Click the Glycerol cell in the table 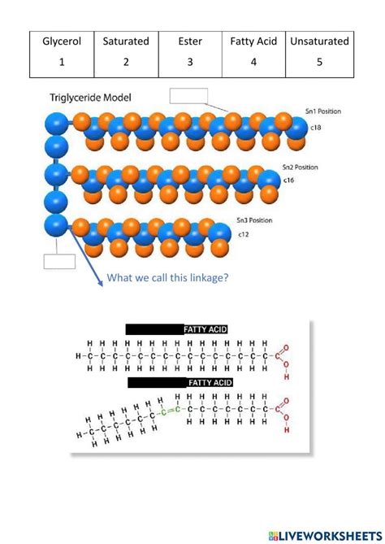click(63, 51)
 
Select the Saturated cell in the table click(126, 51)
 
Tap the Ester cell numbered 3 click(190, 51)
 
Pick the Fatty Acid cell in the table click(254, 51)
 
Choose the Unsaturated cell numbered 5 click(319, 51)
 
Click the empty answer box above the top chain click(189, 95)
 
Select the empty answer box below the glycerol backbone click(58, 261)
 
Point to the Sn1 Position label click(321, 111)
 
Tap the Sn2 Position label click(301, 167)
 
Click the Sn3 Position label click(254, 220)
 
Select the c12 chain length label click(244, 234)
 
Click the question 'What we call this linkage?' click(168, 278)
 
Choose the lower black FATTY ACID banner click(180, 381)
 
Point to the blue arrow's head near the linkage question click(102, 283)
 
